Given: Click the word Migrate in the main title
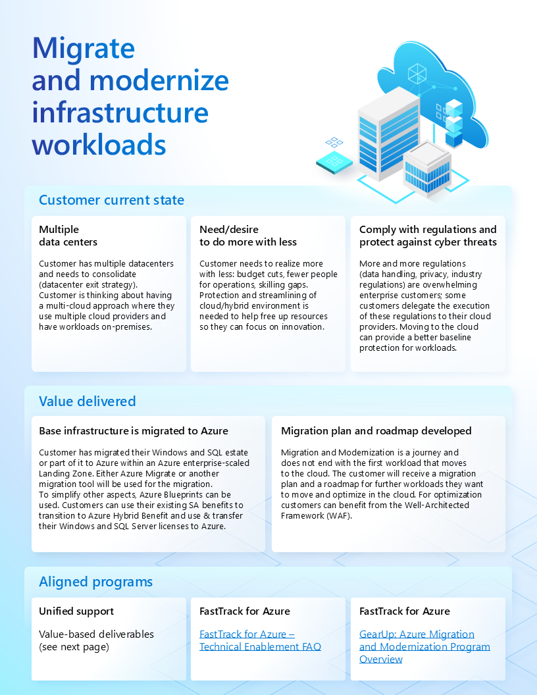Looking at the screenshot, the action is pos(84,49).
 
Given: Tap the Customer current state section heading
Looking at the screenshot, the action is pos(111,200).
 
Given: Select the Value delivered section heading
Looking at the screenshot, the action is pos(87,401).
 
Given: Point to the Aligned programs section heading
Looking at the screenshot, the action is pos(95,582).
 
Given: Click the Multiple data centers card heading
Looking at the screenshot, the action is pos(68,236).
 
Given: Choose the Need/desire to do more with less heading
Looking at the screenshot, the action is pos(248,236).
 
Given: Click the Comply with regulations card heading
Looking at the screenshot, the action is pos(428,236).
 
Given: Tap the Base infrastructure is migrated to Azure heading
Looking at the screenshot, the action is pos(134,431).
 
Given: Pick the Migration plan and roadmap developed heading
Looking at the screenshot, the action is pos(376,431).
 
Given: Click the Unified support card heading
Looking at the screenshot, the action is pos(76,611).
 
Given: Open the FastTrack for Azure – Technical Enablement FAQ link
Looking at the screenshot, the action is pos(260,640).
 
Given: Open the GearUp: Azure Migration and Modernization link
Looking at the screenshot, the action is pos(424,646).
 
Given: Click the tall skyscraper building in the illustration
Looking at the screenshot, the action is pos(388,135).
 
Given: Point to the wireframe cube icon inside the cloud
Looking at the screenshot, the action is pos(417,72).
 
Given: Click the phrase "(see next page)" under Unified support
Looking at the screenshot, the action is pos(74,647).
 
